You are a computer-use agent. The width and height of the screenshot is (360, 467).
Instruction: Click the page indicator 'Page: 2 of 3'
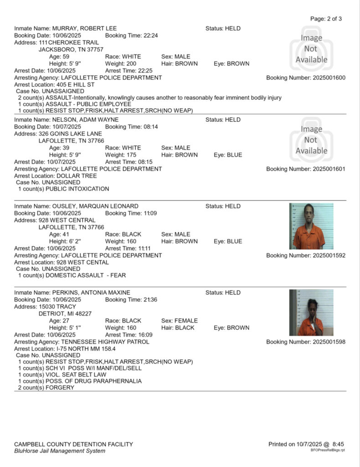coord(325,19)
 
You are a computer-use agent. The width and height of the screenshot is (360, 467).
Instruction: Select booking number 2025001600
coord(329,78)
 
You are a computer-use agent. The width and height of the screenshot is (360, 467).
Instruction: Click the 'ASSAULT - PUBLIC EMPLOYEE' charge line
coord(75,104)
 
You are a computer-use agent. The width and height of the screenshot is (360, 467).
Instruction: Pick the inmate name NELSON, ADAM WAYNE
coord(85,119)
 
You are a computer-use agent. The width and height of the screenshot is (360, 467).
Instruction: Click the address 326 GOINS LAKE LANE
coord(70,134)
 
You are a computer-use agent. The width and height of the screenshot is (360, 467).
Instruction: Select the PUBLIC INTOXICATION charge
coord(63,188)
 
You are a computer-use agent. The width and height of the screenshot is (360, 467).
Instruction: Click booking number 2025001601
coord(329,169)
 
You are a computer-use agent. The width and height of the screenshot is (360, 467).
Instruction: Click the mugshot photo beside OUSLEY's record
coord(311,226)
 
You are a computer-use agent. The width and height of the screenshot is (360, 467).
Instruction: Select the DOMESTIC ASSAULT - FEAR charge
coord(72,275)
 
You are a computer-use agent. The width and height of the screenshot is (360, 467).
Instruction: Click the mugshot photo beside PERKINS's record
coord(311,312)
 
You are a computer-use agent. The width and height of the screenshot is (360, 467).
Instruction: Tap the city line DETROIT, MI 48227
coord(65,314)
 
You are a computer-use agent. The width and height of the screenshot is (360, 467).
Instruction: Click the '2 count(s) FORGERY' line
coord(46,388)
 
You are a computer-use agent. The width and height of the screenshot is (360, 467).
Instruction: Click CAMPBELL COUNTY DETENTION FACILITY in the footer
coord(74,444)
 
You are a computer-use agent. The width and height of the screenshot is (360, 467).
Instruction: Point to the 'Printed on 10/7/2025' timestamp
coord(306,444)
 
